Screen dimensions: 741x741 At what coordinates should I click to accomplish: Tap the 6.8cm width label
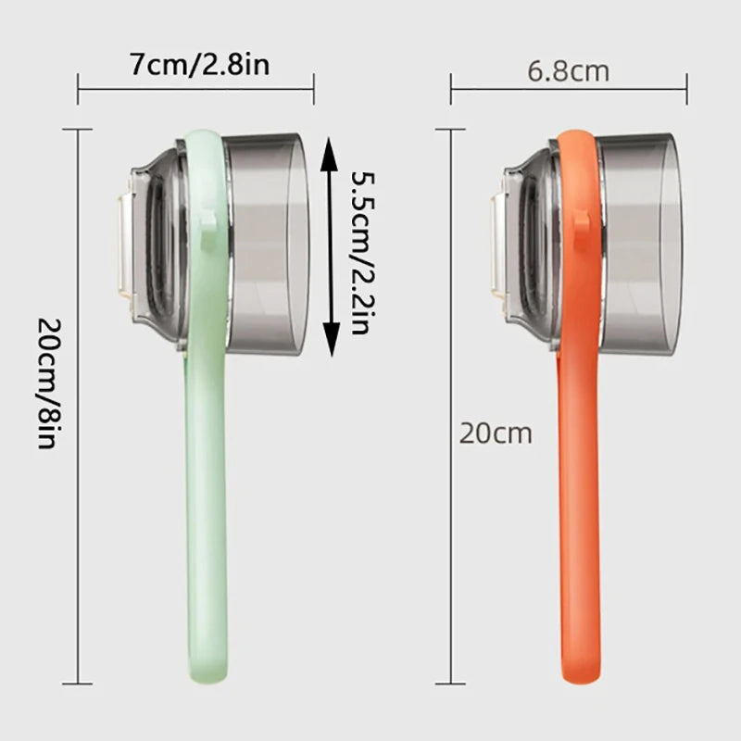(x=569, y=70)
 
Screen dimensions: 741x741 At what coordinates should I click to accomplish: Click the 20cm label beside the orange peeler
(x=496, y=433)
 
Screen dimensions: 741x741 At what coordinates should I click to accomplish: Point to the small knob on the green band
(x=208, y=221)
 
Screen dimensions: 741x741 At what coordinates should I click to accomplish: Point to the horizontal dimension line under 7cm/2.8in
(x=195, y=90)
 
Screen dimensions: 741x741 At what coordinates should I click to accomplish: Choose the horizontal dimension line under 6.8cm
(x=569, y=90)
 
